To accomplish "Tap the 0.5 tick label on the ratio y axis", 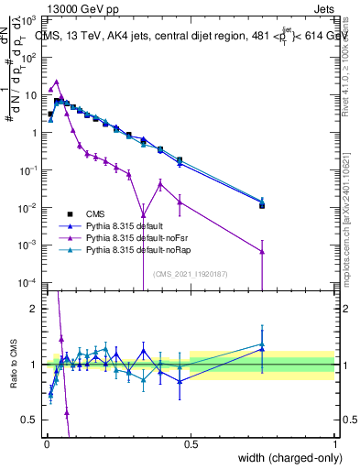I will [29, 420].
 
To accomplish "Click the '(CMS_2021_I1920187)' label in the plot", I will [190, 272].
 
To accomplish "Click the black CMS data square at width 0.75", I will [262, 205].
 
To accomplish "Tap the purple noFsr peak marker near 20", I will [56, 82].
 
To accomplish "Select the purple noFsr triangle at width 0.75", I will [262, 251].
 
